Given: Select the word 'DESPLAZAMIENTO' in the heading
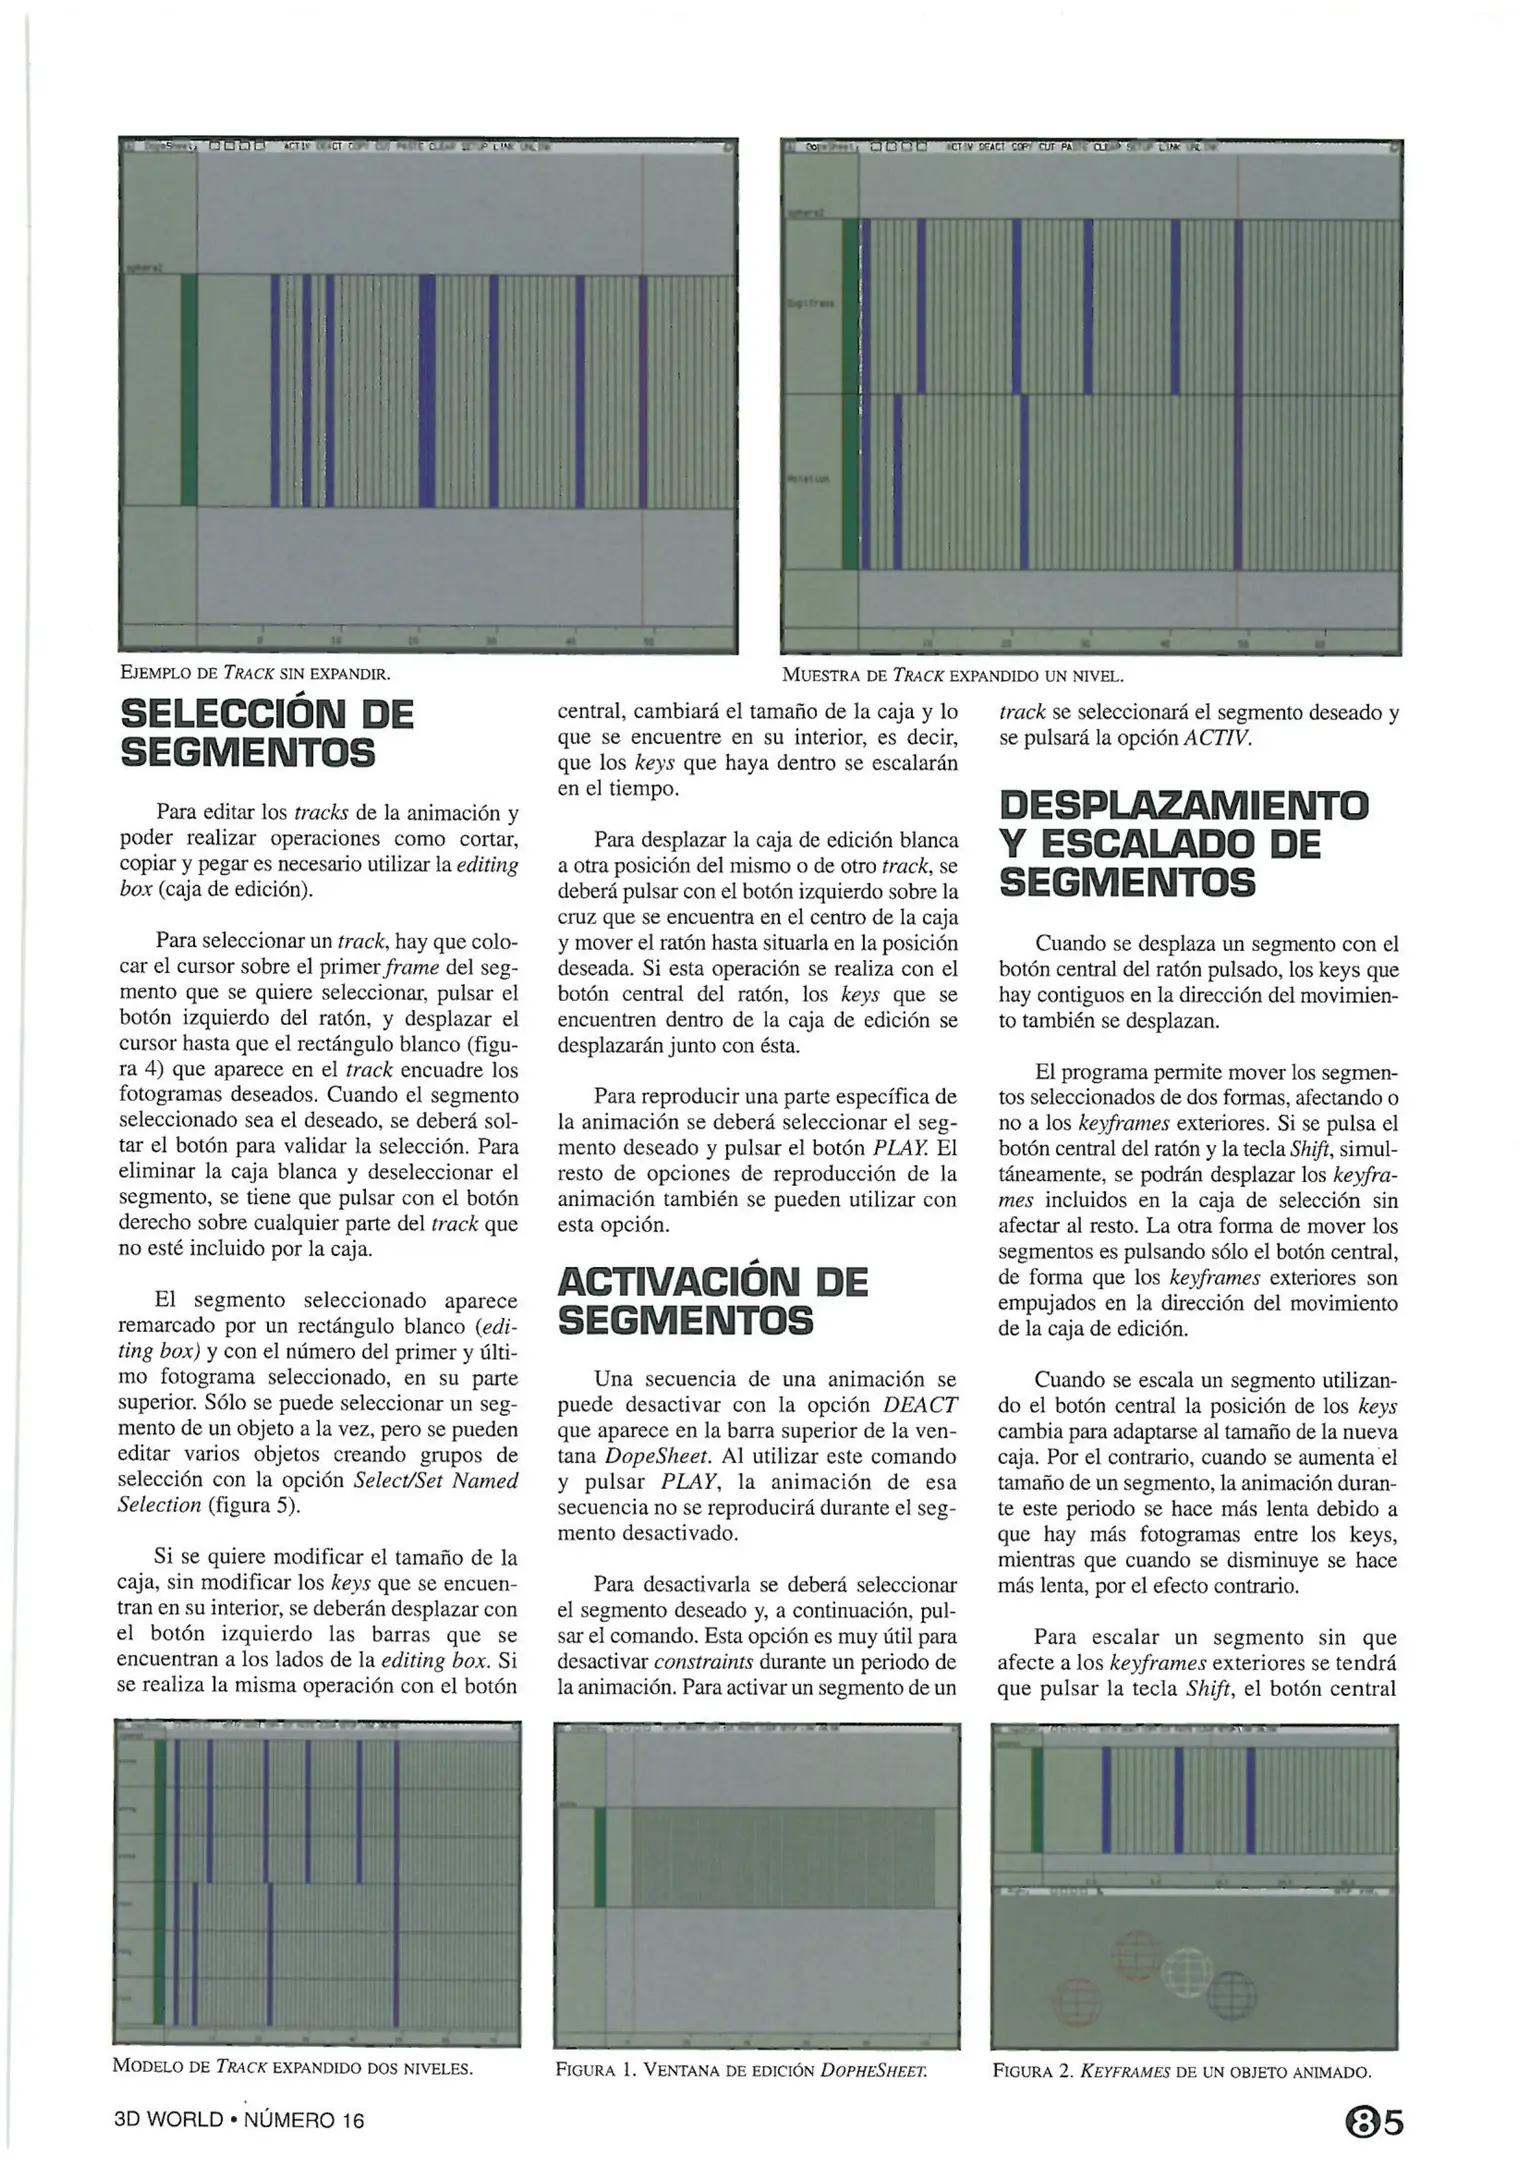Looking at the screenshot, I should (x=1184, y=806).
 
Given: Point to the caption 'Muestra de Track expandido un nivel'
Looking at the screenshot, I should (x=953, y=675).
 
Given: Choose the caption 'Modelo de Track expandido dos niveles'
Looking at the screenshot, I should (x=292, y=2067).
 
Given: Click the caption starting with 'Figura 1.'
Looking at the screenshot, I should (x=741, y=2069).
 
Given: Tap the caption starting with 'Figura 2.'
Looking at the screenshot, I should (x=1181, y=2069).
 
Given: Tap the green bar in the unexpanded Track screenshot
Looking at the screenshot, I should (x=189, y=390).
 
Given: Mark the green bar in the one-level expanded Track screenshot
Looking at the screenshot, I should (x=850, y=395).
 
